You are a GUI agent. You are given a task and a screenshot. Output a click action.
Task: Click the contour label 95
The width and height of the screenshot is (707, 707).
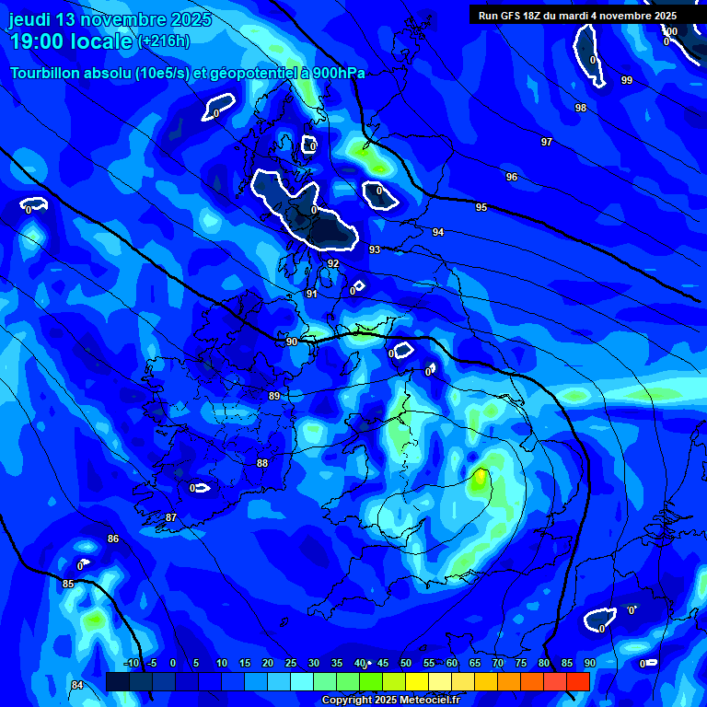coord(481,207)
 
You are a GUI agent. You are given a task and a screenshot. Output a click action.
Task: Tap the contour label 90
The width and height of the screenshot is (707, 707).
coord(292,342)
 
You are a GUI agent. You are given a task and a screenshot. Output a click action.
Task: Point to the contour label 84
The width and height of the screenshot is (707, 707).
coord(77,685)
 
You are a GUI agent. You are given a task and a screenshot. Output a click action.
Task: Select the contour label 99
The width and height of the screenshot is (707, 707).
coord(627,80)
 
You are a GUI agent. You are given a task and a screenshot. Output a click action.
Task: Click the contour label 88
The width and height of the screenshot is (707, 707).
coord(262,463)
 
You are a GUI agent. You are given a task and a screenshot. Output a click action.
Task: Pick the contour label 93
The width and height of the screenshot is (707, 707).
coord(375,249)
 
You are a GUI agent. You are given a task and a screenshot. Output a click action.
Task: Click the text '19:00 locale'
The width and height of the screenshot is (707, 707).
coord(71,41)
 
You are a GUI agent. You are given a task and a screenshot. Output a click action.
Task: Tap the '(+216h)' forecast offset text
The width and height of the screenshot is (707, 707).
coord(164,41)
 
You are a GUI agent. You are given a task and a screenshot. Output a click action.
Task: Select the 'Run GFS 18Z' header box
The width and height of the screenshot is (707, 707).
coord(577,16)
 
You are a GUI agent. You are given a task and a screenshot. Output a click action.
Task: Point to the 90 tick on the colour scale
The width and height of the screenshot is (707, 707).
coord(589,663)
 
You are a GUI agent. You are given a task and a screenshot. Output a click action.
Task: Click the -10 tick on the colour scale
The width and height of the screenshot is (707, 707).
coord(133,663)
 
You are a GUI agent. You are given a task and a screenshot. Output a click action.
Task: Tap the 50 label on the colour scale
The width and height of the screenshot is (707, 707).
coord(406,663)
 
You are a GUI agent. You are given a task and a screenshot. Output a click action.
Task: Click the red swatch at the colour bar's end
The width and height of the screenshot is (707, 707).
coord(577,681)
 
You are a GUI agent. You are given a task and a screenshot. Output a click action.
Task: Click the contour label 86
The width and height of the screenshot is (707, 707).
coord(113,539)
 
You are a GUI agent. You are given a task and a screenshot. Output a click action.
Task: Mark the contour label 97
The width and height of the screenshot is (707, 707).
coord(547,142)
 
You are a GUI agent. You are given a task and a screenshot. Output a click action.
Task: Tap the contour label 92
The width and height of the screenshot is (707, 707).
coord(333,263)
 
